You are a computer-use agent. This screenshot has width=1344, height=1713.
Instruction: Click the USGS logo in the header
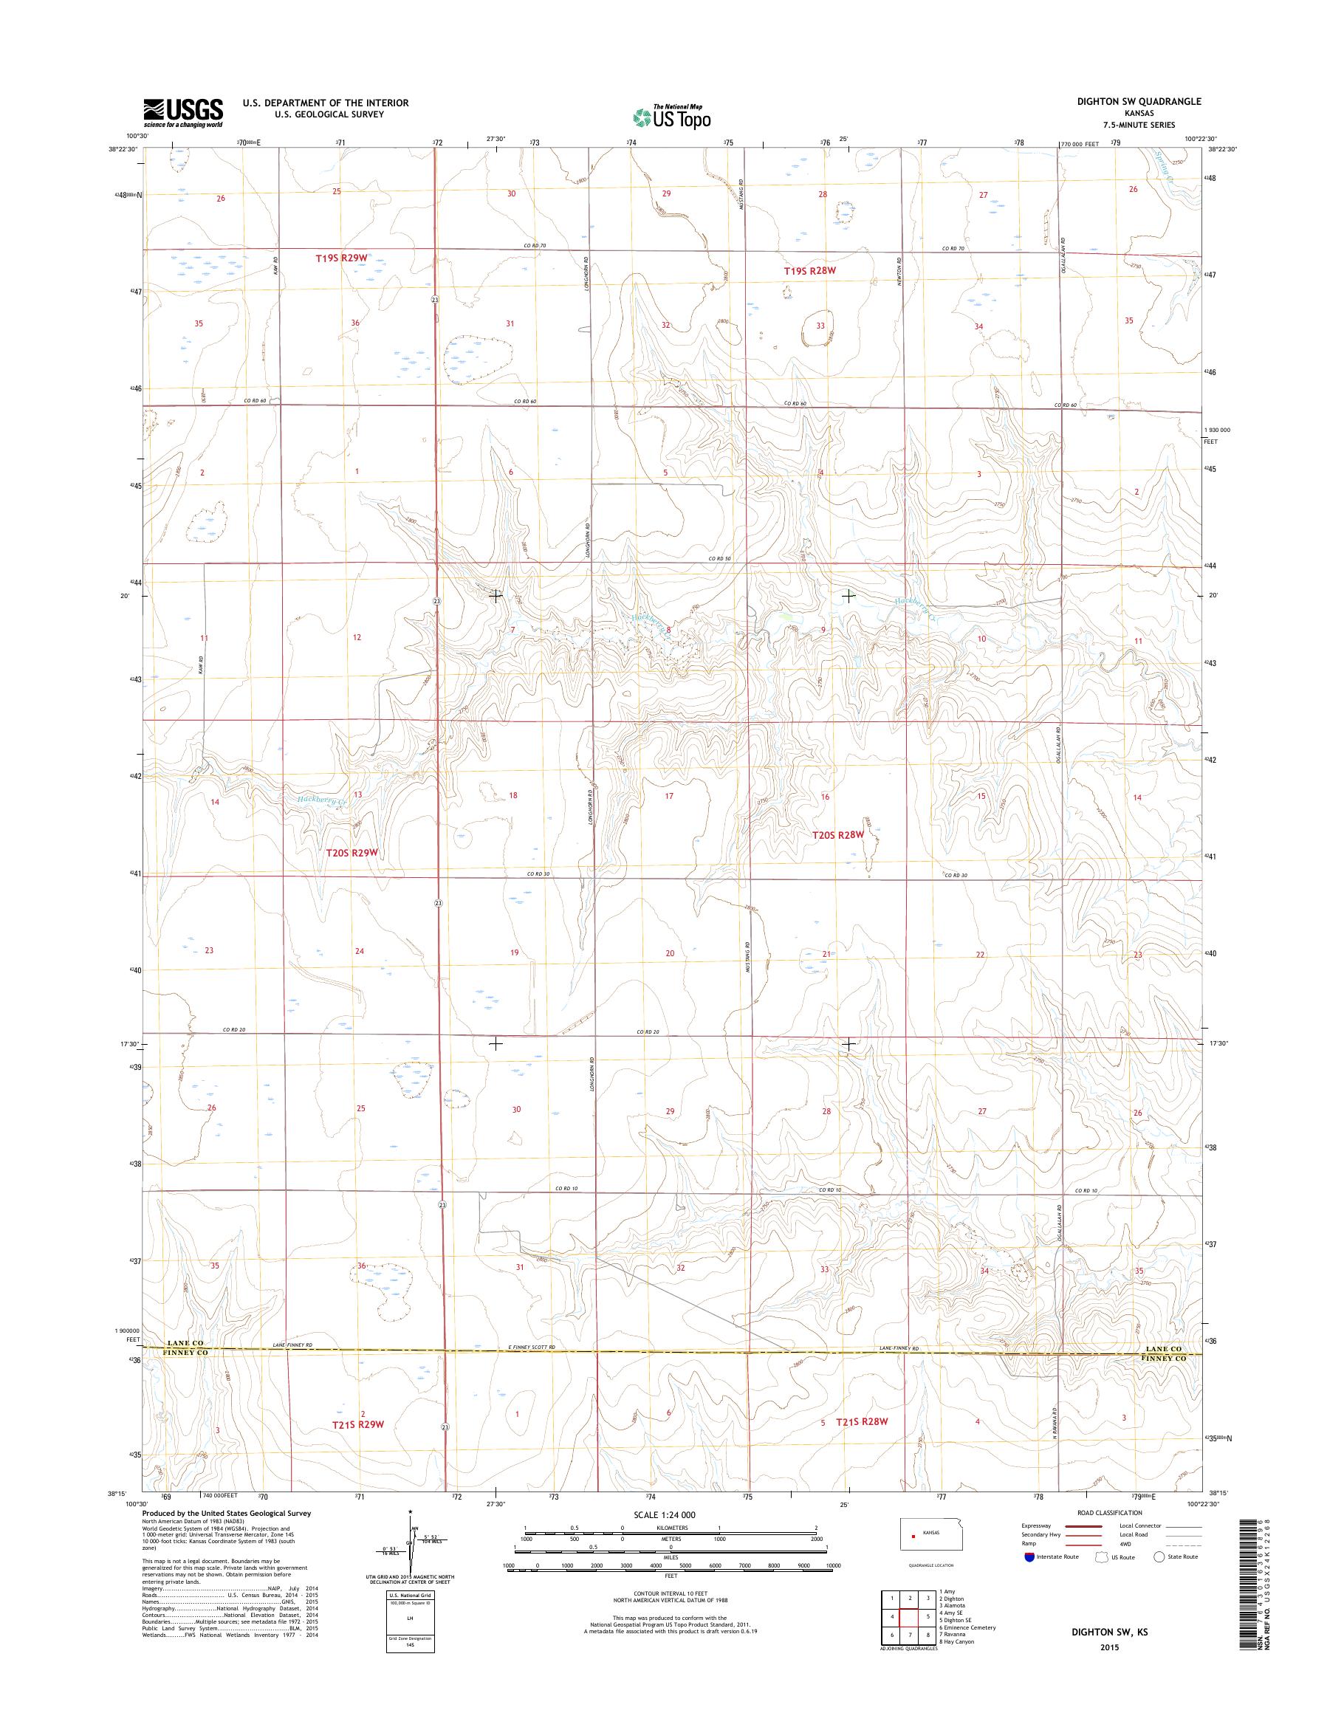182,113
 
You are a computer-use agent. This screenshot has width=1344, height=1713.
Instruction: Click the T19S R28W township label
809,271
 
